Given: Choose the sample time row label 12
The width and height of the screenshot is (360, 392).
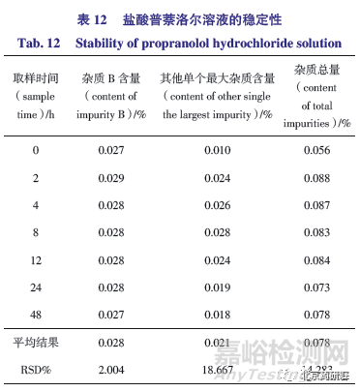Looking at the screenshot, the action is pos(36,260).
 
